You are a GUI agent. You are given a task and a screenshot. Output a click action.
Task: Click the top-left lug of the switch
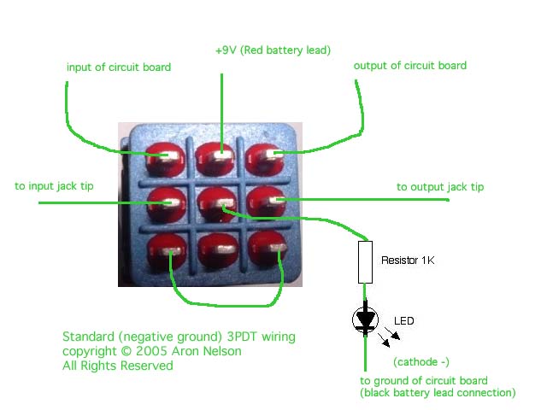(x=161, y=156)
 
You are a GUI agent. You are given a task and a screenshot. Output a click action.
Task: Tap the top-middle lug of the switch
(x=212, y=156)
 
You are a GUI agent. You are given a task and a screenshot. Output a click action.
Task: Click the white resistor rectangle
(x=365, y=261)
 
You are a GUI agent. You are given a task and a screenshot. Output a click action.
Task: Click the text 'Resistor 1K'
(x=408, y=260)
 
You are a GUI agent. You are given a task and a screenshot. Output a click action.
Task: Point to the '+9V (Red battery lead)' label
(x=273, y=50)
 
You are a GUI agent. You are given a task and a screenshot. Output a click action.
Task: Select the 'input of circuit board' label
(x=119, y=67)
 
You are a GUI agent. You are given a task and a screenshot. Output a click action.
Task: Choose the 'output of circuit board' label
(x=410, y=65)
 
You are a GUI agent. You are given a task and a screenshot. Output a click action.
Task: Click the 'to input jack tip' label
(x=55, y=185)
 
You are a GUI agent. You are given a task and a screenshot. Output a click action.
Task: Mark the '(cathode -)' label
(x=419, y=361)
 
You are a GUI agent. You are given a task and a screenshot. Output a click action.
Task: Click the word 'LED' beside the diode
(x=403, y=321)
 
